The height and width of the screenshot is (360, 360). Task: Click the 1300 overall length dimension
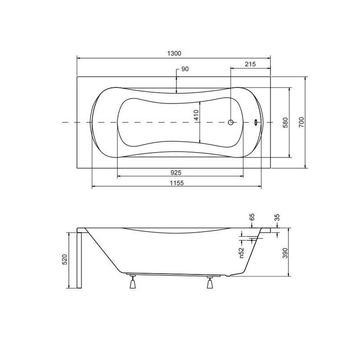click(174, 54)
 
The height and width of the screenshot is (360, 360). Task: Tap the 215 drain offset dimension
click(250, 64)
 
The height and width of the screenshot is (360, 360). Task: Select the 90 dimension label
click(185, 69)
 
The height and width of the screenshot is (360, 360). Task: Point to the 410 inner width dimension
click(196, 115)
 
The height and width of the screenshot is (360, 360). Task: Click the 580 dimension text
click(285, 122)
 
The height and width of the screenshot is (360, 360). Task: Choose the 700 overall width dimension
click(301, 122)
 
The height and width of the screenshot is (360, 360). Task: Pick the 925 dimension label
click(176, 172)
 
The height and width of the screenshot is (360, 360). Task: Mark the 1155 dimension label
click(177, 183)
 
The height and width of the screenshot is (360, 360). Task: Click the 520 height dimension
click(65, 260)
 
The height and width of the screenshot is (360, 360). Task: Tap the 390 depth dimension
click(285, 253)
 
